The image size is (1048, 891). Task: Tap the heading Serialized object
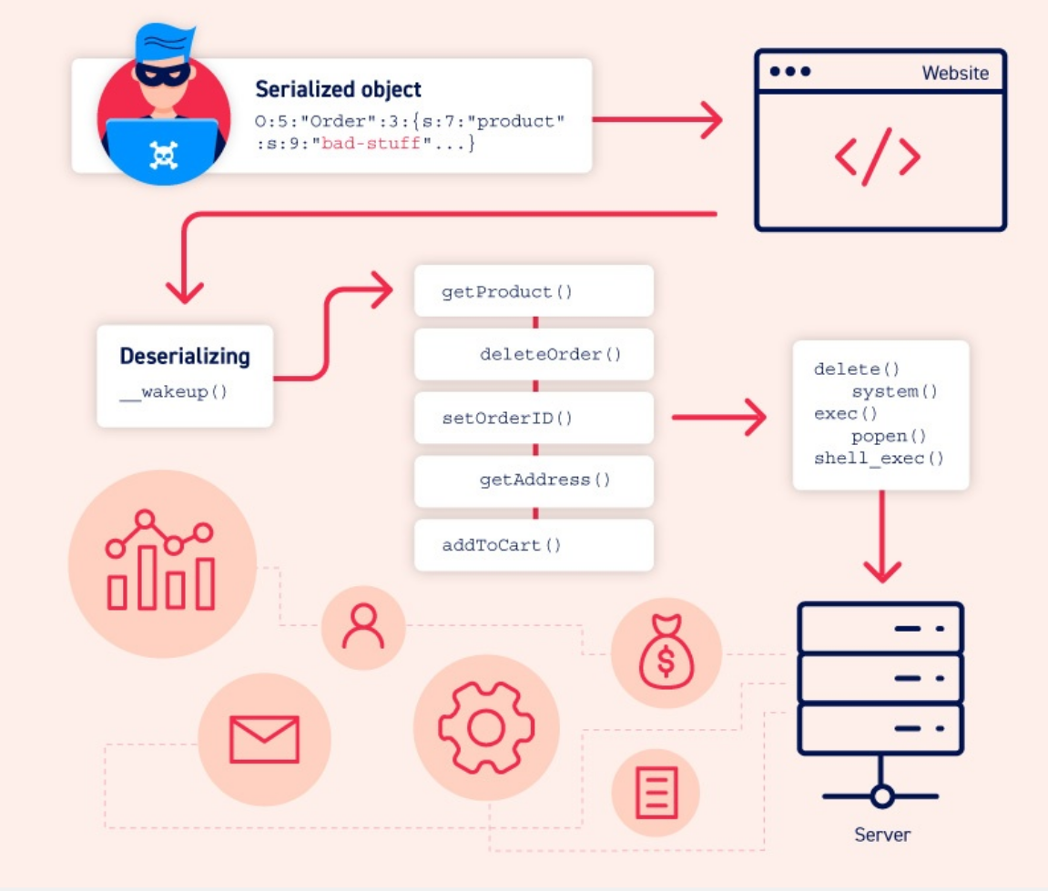(x=338, y=89)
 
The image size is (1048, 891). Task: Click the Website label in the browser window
(x=955, y=73)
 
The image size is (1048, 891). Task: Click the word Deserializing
(x=185, y=356)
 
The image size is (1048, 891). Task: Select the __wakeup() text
(x=172, y=393)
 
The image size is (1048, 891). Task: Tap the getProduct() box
(x=534, y=292)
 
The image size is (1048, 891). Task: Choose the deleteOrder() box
(x=534, y=354)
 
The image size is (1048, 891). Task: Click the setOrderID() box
(x=534, y=419)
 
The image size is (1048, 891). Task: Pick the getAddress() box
(x=534, y=480)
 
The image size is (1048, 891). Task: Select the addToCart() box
(x=534, y=545)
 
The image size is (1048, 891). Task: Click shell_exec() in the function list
(x=879, y=458)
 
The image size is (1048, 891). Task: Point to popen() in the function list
(x=889, y=436)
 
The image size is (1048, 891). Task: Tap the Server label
(x=881, y=834)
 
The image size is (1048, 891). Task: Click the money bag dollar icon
(x=666, y=654)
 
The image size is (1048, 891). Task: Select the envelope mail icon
(x=264, y=738)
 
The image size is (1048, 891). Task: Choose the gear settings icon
(x=484, y=726)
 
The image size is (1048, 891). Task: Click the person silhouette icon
(x=362, y=627)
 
